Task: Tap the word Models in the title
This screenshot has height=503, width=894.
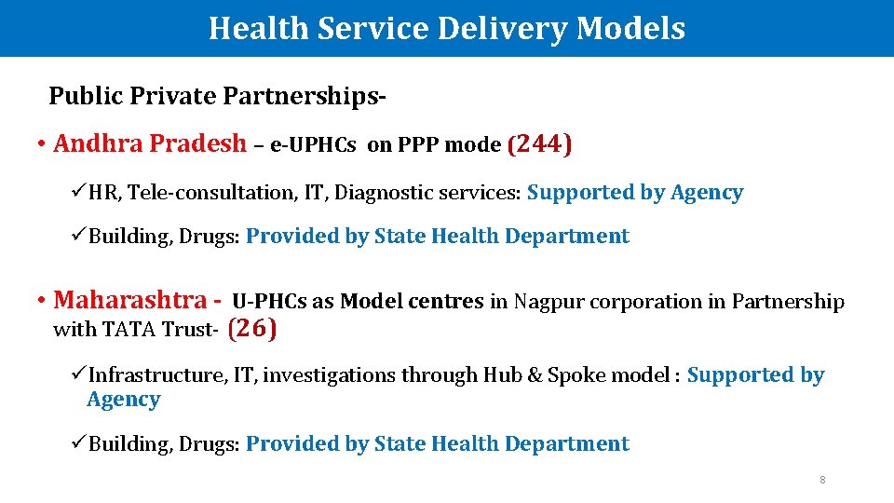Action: [630, 28]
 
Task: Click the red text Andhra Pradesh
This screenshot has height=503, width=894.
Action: [151, 144]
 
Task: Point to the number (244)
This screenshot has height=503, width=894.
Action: [540, 144]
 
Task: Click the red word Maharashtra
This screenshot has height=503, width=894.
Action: [130, 300]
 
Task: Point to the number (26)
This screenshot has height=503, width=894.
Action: [252, 328]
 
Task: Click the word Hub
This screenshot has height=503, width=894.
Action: [500, 375]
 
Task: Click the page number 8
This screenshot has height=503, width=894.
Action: [822, 480]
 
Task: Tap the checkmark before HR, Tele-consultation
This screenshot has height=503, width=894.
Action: [78, 193]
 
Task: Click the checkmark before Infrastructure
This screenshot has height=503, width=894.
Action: [78, 375]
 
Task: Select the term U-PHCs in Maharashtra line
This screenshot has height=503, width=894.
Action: [269, 302]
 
